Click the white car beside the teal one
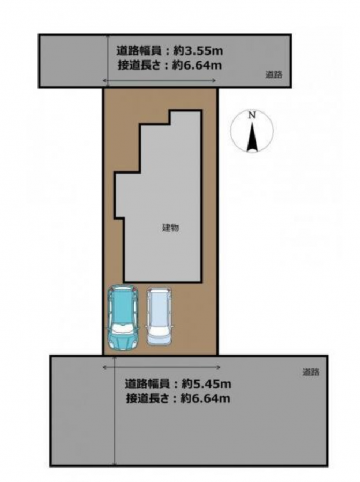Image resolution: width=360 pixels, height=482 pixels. (159, 317)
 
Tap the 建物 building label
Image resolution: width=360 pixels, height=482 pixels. (170, 228)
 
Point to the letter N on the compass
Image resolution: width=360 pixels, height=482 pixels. (252, 116)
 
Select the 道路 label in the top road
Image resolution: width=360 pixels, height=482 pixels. (274, 74)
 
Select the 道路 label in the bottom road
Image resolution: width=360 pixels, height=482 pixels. (311, 372)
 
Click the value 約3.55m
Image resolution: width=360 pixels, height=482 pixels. (198, 50)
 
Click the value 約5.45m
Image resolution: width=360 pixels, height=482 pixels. (206, 383)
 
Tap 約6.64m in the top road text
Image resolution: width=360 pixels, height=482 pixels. (197, 65)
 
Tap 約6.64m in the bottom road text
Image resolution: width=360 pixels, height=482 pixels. (205, 398)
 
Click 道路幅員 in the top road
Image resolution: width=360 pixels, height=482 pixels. (138, 50)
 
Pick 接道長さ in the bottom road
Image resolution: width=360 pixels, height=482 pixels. (147, 398)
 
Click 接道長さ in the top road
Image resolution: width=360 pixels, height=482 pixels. (139, 65)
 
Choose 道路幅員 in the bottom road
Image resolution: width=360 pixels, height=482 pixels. (147, 383)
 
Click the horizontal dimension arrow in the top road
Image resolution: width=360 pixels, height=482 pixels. (159, 80)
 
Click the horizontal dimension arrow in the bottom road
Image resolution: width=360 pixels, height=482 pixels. (162, 367)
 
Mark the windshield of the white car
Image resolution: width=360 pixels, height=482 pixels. (159, 331)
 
